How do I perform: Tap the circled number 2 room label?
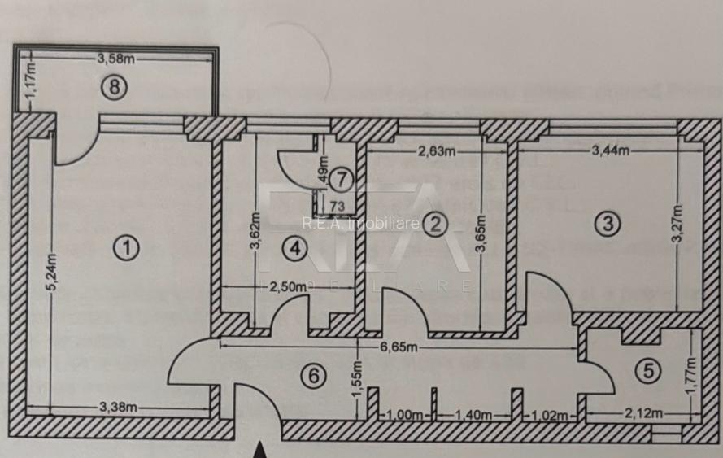click(x=436, y=224)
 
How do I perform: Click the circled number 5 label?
click(x=647, y=371)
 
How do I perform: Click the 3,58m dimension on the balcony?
click(x=116, y=59)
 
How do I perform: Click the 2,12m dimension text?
click(x=639, y=414)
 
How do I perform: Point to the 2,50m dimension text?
click(x=289, y=286)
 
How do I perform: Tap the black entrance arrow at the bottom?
click(x=259, y=450)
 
